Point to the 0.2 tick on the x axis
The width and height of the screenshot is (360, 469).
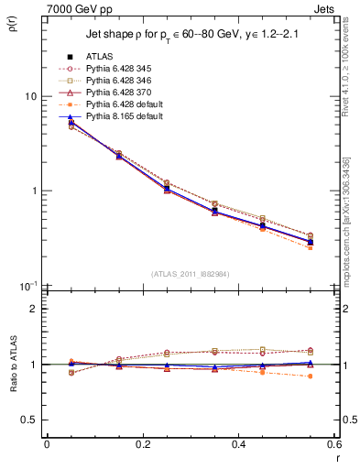click(142, 445)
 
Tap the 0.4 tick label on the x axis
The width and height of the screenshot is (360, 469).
click(238, 445)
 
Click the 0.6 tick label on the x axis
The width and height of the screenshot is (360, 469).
click(333, 445)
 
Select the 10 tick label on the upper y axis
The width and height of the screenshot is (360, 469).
click(30, 96)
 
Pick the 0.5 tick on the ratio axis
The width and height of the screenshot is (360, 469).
click(29, 420)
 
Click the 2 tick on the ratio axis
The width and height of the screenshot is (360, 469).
click(33, 309)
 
